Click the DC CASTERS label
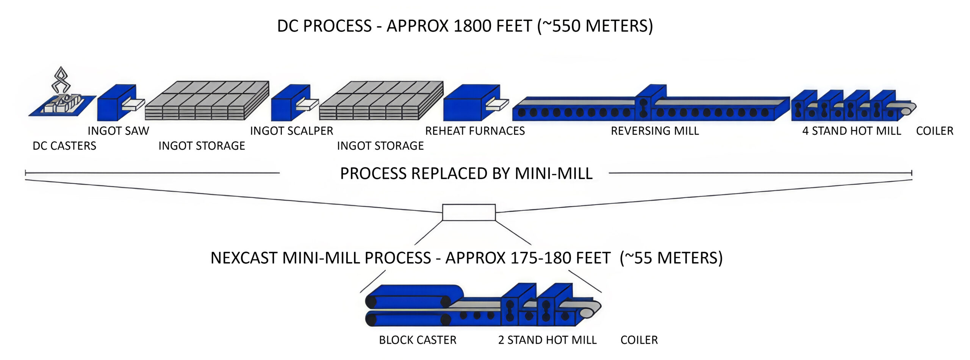coord(64,146)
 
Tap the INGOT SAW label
coord(118,131)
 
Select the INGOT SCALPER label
coord(291,131)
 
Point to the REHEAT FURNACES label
coord(475,131)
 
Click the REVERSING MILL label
coord(655,131)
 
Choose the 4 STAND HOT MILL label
coord(851,131)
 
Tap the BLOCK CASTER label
coord(418,340)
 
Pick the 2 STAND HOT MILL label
coord(547,340)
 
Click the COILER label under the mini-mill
coord(639,340)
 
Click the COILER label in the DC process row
coord(934,131)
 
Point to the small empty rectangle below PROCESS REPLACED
coord(469,212)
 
